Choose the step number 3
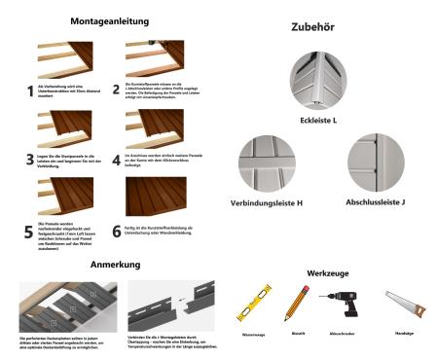tap(29, 158)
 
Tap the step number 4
tap(115, 158)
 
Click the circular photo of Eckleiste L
tap(317, 81)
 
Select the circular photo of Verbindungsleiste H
tap(267, 162)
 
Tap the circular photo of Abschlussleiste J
tap(375, 161)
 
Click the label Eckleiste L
tap(317, 121)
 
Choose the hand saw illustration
tap(402, 305)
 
